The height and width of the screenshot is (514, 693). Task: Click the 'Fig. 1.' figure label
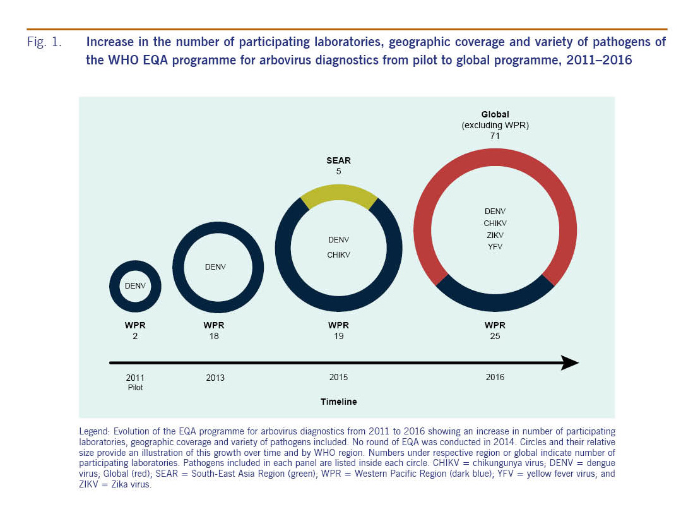pyautogui.click(x=44, y=42)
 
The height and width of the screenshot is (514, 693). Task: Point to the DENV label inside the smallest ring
pyautogui.click(x=135, y=286)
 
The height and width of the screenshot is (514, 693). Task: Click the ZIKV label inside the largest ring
pyautogui.click(x=495, y=236)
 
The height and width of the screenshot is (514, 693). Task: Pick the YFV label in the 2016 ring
pyautogui.click(x=495, y=247)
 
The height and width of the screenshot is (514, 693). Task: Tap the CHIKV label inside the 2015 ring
pyautogui.click(x=338, y=254)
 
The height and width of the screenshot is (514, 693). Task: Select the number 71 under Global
pyautogui.click(x=495, y=136)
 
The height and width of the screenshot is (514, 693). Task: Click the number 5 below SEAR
pyautogui.click(x=338, y=171)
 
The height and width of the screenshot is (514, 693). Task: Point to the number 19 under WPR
pyautogui.click(x=338, y=336)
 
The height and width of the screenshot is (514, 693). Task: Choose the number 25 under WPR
pyautogui.click(x=495, y=336)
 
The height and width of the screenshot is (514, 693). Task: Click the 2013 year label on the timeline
pyautogui.click(x=215, y=378)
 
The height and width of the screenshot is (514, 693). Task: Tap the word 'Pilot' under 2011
pyautogui.click(x=135, y=388)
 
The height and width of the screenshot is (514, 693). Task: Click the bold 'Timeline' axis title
pyautogui.click(x=338, y=402)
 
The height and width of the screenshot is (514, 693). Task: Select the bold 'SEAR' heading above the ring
pyautogui.click(x=338, y=160)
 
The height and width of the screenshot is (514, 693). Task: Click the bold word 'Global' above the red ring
pyautogui.click(x=495, y=114)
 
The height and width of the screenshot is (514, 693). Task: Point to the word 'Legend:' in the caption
pyautogui.click(x=95, y=431)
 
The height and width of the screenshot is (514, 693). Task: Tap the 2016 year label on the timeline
pyautogui.click(x=495, y=378)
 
